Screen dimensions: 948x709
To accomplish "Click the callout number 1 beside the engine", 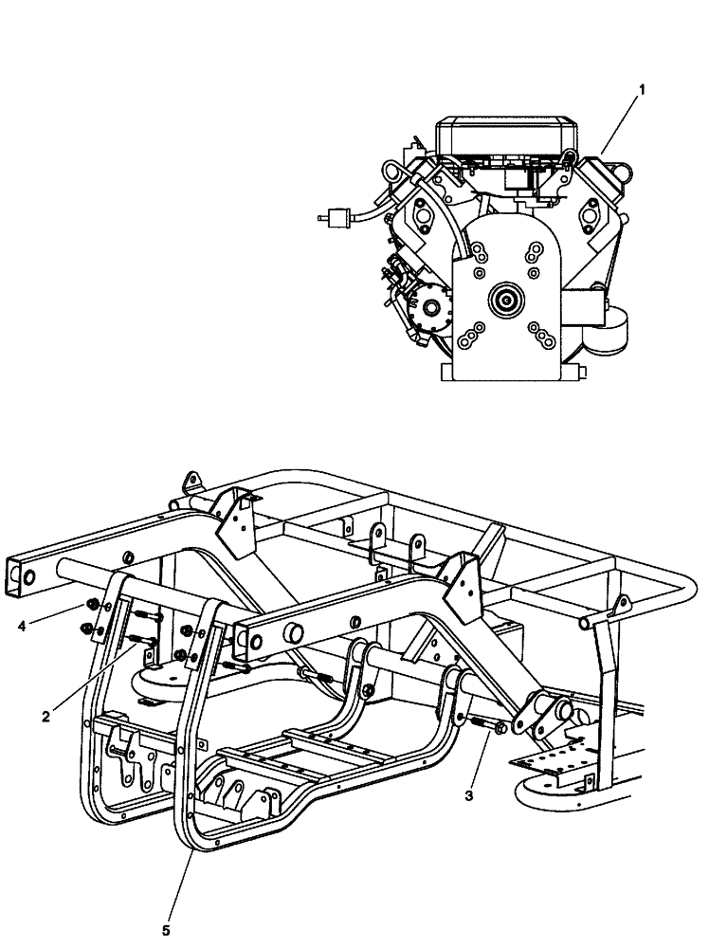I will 643,90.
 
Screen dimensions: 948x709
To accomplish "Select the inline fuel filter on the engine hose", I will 333,217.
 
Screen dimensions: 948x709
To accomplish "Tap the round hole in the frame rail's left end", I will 29,576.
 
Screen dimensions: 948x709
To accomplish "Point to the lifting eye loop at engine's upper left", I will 391,173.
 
